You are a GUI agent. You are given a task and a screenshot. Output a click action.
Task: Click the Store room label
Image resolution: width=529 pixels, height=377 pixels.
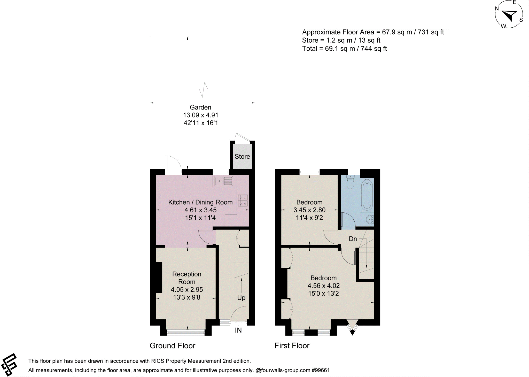click(242, 156)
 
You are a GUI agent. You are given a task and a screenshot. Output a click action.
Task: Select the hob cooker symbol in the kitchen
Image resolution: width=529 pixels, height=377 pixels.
click(243, 201)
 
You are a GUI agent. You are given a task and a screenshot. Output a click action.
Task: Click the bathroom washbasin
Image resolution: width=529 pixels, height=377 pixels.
click(370, 219)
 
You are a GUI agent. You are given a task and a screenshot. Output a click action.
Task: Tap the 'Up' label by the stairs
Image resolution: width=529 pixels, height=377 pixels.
click(241, 298)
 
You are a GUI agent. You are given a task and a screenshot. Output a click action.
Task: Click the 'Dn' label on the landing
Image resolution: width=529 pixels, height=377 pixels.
click(353, 239)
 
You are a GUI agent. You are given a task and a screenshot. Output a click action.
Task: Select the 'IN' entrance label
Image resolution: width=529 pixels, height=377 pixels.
click(238, 330)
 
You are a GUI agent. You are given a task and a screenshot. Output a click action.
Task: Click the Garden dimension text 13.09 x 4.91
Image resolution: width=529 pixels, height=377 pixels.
click(201, 115)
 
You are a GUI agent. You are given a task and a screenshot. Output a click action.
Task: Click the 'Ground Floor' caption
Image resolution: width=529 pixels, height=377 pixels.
click(172, 346)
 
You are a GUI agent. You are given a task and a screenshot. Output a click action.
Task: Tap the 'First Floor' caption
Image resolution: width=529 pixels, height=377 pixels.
click(292, 346)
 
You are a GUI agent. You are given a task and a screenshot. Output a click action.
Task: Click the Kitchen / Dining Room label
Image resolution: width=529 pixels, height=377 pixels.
click(200, 202)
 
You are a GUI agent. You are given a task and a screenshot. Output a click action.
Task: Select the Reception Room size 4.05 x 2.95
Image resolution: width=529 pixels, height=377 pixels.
click(187, 290)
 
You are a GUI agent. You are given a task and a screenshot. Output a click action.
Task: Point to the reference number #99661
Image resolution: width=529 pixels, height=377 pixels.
click(321, 370)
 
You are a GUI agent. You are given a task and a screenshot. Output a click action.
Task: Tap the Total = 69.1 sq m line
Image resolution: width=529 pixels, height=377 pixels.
click(344, 49)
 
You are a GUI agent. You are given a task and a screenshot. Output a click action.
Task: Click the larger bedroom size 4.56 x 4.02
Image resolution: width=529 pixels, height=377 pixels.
click(323, 286)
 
